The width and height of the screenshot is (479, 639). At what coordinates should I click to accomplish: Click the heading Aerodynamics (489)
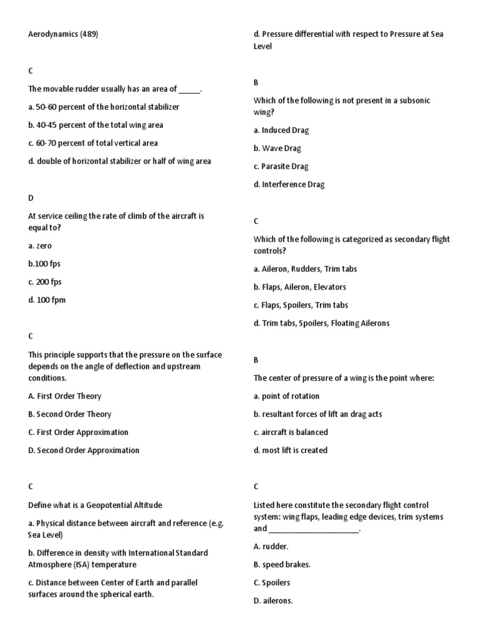click(63, 35)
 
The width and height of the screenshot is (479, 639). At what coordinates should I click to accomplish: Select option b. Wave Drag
click(277, 149)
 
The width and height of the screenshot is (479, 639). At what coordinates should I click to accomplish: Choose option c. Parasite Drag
click(281, 167)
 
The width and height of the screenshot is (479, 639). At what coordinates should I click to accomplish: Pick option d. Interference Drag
click(289, 185)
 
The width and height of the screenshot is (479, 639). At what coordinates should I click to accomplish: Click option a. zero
click(40, 246)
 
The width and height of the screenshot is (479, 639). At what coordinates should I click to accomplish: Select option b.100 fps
click(44, 264)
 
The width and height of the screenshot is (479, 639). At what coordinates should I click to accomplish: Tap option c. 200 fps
click(45, 282)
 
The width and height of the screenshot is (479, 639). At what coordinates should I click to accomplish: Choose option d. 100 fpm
click(47, 300)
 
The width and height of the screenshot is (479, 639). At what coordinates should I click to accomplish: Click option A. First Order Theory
click(65, 396)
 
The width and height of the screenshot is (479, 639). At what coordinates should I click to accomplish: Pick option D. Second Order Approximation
click(84, 451)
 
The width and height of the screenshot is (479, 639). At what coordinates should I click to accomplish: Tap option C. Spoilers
click(272, 583)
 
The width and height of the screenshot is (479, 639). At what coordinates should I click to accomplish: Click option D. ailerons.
click(273, 601)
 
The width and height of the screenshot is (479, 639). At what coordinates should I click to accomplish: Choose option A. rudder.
click(271, 547)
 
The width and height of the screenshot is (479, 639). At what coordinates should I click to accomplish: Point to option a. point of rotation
click(286, 396)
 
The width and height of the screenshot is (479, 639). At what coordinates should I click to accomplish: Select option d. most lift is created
click(290, 451)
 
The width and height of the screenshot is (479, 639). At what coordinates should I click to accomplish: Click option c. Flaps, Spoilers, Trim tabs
click(301, 305)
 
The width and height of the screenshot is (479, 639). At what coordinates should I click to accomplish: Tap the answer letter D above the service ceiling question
click(31, 198)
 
